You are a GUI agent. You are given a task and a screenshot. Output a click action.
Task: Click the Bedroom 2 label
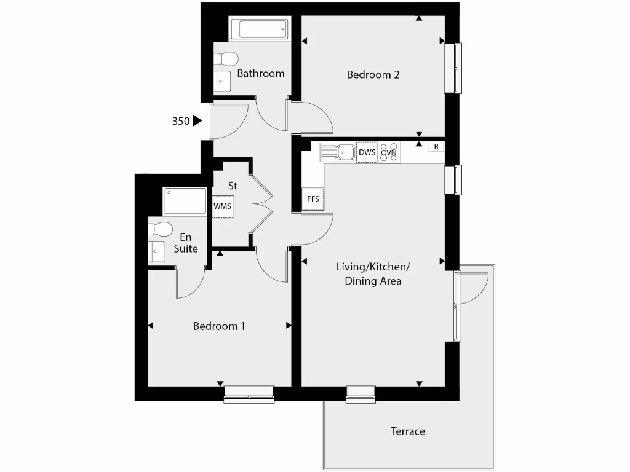[373, 75]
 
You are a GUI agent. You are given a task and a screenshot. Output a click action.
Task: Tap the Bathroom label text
[261, 74]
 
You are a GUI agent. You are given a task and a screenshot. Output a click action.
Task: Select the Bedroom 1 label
[219, 326]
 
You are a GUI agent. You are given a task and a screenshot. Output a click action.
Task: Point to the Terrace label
[408, 431]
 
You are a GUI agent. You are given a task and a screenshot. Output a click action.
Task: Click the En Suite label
[186, 243]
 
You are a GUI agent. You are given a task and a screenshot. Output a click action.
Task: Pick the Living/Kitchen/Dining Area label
[373, 274]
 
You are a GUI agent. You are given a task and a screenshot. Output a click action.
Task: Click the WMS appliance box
[223, 206]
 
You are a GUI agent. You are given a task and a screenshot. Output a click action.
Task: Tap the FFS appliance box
[313, 199]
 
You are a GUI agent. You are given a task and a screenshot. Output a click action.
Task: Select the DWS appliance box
[367, 152]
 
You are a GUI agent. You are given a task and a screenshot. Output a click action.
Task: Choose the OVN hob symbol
[389, 152]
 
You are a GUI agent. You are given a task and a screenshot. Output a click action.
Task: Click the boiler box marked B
[436, 147]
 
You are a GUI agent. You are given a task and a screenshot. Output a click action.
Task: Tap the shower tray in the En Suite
[185, 201]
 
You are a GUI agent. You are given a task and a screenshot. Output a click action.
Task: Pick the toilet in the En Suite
[160, 229]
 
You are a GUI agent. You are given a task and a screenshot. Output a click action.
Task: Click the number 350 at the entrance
[180, 121]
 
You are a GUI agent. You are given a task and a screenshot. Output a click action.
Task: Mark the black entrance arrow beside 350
[197, 120]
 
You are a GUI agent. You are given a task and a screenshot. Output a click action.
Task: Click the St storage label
[233, 185]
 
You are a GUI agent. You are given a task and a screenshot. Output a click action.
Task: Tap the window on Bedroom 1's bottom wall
[249, 393]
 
